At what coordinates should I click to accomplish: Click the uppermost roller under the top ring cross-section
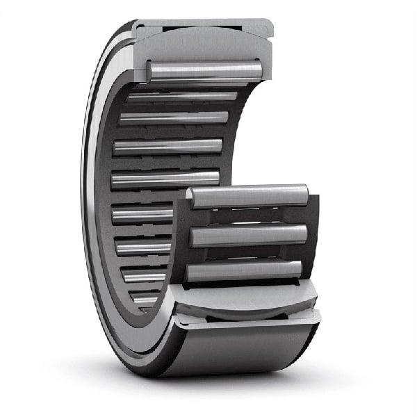(205, 70)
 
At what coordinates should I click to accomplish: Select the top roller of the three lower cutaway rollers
(247, 196)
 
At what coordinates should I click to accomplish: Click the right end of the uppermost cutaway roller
(258, 69)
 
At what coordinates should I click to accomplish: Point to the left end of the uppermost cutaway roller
(150, 70)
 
